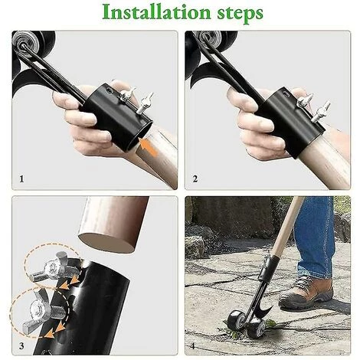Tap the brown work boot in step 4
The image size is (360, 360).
306,291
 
